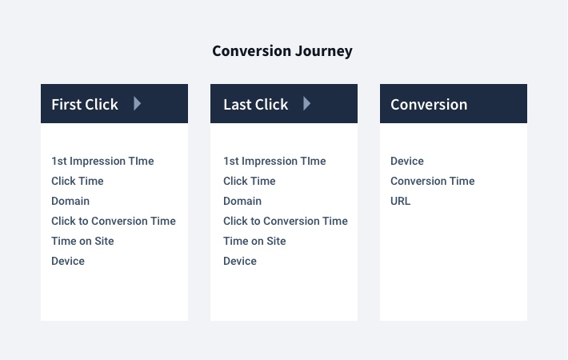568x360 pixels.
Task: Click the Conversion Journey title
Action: click(282, 51)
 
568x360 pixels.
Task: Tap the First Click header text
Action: click(85, 104)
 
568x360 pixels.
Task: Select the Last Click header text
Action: click(255, 104)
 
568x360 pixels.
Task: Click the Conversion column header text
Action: click(429, 104)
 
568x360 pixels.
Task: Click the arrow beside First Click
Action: click(138, 103)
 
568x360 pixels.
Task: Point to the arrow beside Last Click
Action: click(307, 103)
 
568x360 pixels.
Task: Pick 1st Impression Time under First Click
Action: click(102, 161)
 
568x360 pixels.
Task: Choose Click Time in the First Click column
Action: click(78, 181)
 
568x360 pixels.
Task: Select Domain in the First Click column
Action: click(70, 201)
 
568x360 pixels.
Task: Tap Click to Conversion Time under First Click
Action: click(114, 221)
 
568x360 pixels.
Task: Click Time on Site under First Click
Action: click(82, 241)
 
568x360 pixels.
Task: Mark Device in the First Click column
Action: click(68, 261)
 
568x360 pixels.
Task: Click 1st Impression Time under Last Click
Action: click(274, 161)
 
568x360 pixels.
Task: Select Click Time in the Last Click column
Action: click(250, 181)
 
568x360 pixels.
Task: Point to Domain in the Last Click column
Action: click(242, 201)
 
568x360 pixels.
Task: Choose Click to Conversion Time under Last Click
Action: click(286, 221)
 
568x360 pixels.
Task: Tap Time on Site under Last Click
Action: click(254, 241)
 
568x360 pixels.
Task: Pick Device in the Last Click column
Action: click(240, 261)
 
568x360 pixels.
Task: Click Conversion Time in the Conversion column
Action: click(432, 181)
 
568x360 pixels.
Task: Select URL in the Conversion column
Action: click(400, 201)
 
